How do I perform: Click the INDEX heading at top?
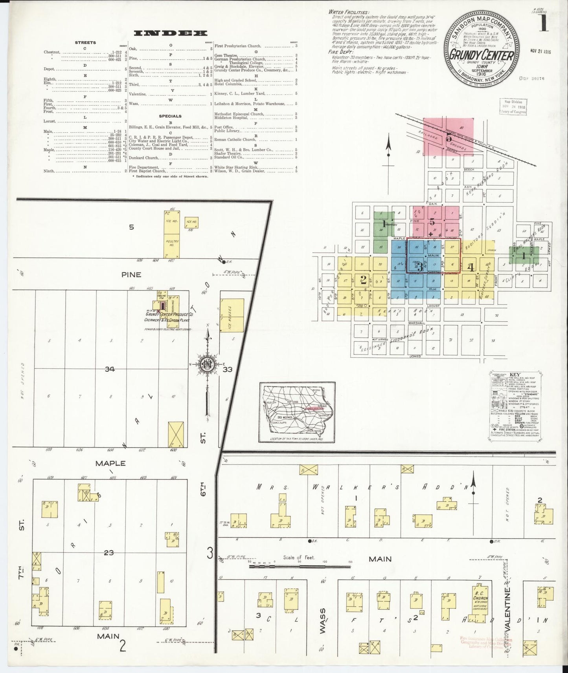[x=170, y=33]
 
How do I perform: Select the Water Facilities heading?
[x=349, y=12]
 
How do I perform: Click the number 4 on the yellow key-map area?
[x=471, y=268]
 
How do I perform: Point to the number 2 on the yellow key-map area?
[x=363, y=280]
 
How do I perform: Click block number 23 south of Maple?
[x=109, y=553]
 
